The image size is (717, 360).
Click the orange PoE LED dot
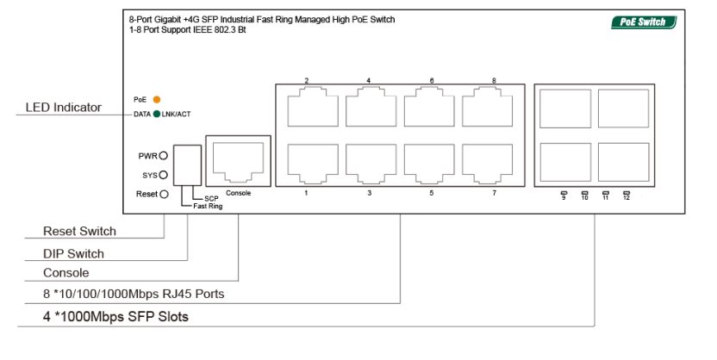tap(156, 100)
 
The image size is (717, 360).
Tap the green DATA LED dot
tap(156, 115)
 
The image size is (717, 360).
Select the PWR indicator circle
tap(163, 156)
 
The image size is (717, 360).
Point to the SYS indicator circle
tap(163, 175)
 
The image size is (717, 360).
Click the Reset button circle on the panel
tap(164, 194)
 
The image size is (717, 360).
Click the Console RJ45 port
tap(238, 161)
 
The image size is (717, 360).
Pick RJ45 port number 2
tap(313, 107)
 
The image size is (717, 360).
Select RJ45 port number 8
tap(487, 107)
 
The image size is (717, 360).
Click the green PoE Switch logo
tap(644, 22)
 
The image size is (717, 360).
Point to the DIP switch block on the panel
tap(188, 165)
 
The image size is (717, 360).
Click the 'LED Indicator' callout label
tap(64, 108)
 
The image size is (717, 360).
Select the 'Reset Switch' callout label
tap(79, 231)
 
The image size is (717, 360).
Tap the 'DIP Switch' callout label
tap(73, 253)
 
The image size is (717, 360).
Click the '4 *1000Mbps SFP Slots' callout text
tap(115, 317)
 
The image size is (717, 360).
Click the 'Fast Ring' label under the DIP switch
tap(208, 206)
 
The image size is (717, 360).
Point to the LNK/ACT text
tap(176, 115)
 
